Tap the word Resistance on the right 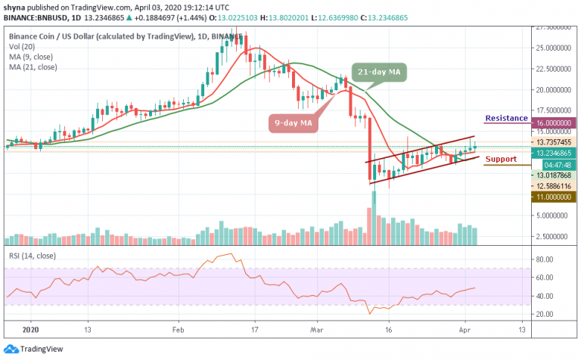point(505,118)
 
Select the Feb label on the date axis point(178,331)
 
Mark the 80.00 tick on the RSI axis point(540,259)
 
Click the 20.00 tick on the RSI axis point(540,314)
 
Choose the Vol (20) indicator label point(20,45)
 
